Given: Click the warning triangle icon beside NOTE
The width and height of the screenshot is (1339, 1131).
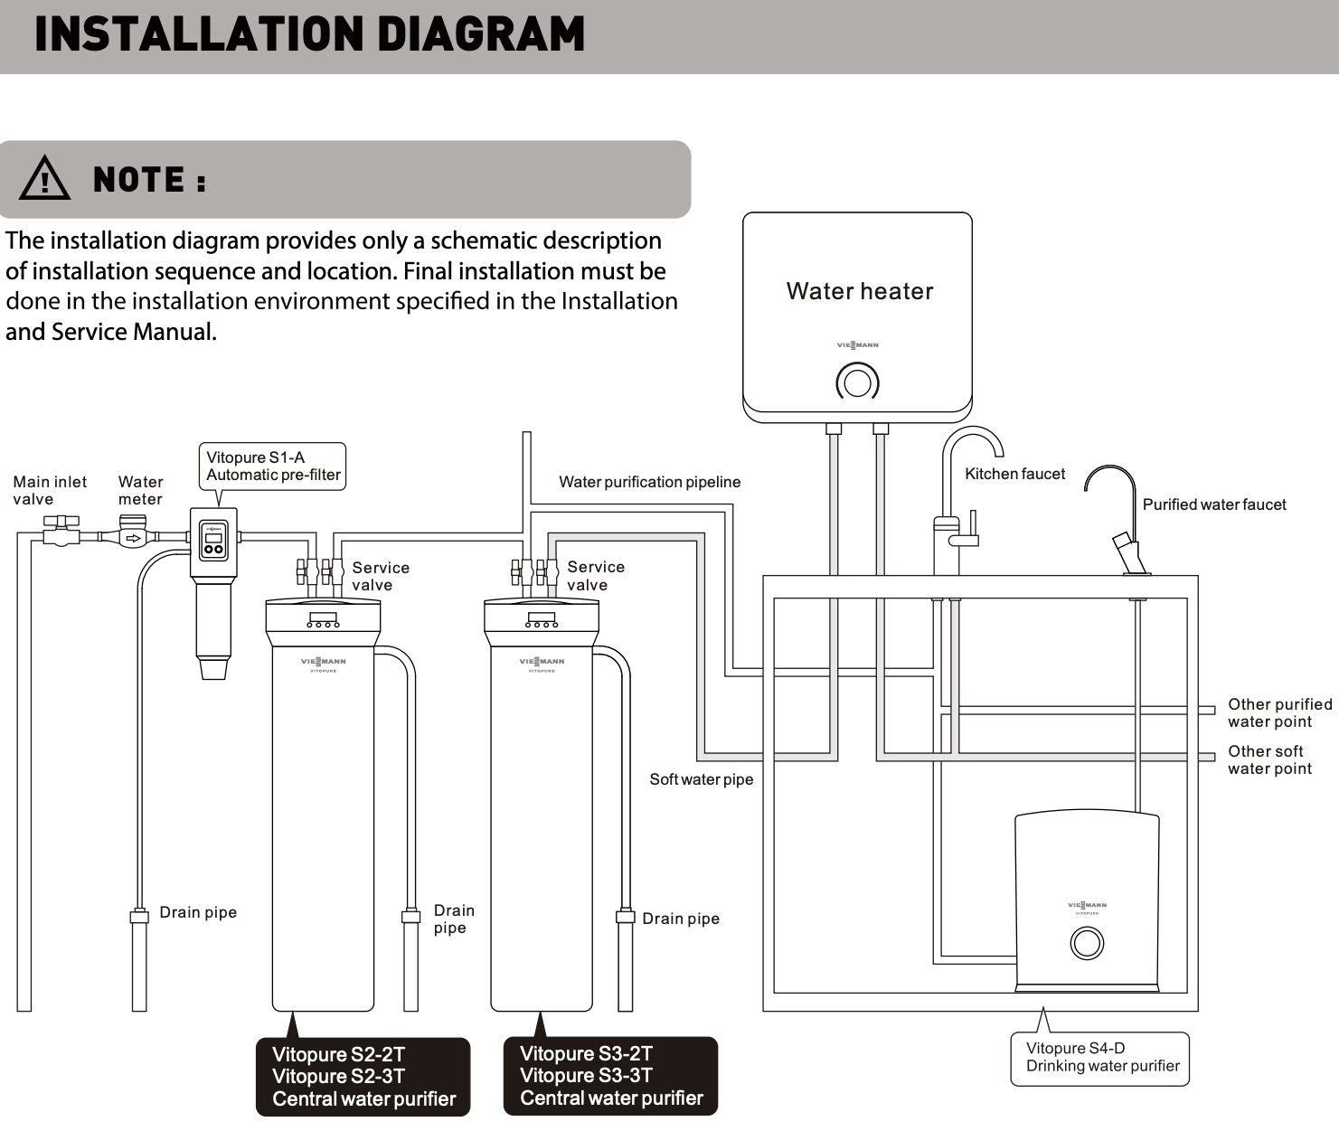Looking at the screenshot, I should tap(44, 178).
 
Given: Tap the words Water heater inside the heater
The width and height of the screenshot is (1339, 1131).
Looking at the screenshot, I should tap(859, 291).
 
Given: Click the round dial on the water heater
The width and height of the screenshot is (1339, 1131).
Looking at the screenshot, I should tap(857, 382).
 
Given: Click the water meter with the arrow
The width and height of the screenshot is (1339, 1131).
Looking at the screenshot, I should tap(133, 535).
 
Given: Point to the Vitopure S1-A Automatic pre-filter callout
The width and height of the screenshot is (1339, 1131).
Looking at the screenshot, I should tap(272, 467).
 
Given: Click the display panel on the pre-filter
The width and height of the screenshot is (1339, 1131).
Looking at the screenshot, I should tap(213, 540).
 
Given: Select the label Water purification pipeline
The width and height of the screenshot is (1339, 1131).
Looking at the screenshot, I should tap(649, 482).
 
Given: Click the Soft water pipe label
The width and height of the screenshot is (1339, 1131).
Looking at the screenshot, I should tap(701, 779).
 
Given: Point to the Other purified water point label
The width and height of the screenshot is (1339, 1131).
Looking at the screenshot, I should tap(1279, 712).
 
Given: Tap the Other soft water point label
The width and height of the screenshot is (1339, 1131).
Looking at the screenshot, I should tap(1269, 759).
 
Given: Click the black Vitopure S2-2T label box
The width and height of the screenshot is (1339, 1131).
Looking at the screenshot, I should tap(363, 1077).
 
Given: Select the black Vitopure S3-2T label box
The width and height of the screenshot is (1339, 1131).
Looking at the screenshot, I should tap(610, 1076).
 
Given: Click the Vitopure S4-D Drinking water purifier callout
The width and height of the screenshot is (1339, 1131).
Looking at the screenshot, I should tap(1101, 1057).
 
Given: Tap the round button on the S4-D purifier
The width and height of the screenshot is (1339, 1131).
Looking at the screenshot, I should tap(1086, 943).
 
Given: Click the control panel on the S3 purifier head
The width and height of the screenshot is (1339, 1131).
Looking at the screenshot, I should tap(542, 620).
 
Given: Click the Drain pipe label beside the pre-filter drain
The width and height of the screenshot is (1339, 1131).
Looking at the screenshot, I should tap(198, 912).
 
